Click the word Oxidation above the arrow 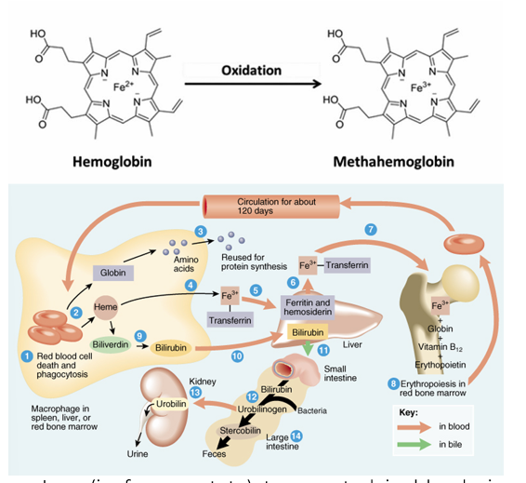(251, 72)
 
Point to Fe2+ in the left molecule (124, 87)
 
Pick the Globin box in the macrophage (113, 273)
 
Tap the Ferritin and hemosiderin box (307, 308)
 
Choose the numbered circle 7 (371, 228)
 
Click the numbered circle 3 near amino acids (200, 231)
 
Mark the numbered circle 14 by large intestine (296, 435)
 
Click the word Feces (214, 453)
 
